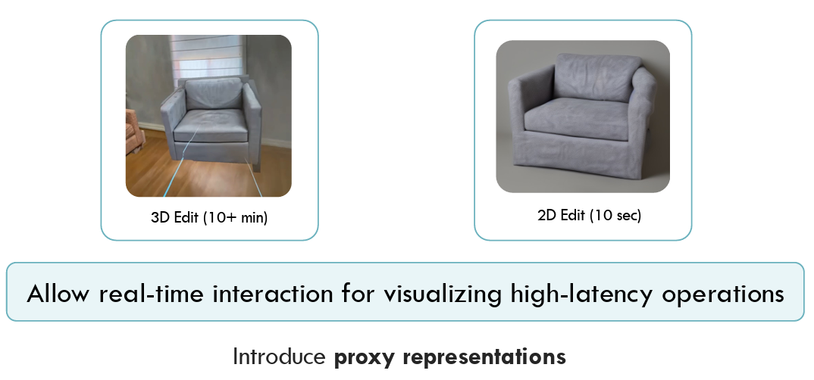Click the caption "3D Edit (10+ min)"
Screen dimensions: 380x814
209,218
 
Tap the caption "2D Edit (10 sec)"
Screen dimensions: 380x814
589,215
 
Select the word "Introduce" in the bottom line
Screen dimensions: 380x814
279,356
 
